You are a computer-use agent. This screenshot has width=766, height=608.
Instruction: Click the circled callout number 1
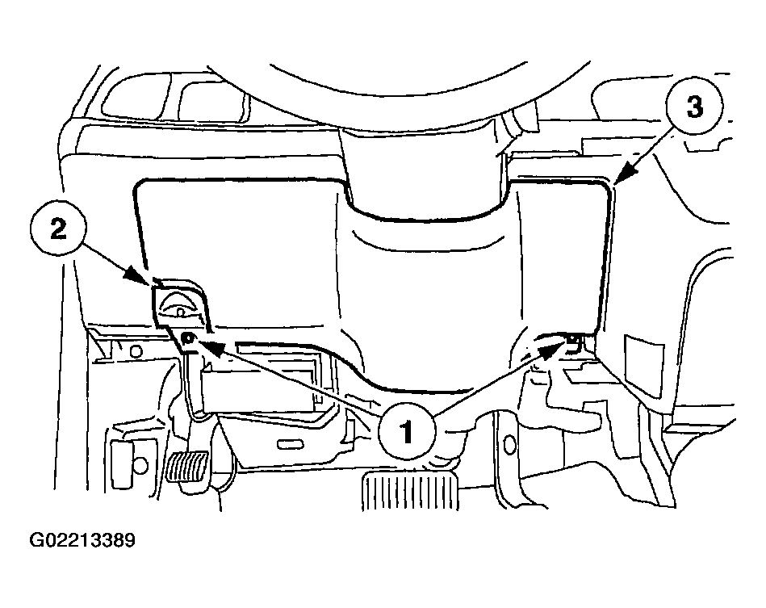(x=407, y=431)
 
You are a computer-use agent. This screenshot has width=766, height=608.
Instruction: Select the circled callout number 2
(x=57, y=229)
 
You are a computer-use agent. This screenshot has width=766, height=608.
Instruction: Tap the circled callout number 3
(x=694, y=106)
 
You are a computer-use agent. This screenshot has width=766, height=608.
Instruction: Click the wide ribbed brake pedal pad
(x=409, y=492)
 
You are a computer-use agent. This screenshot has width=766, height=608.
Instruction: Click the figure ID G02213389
(x=82, y=540)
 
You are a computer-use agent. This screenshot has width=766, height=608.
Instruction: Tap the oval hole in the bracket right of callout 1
(x=509, y=445)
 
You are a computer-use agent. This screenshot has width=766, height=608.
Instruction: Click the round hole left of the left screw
(x=136, y=351)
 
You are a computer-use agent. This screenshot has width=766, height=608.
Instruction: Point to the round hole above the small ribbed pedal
(x=140, y=464)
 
